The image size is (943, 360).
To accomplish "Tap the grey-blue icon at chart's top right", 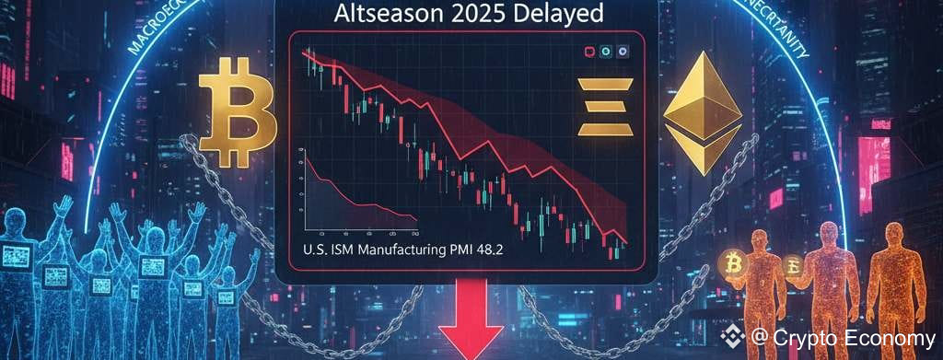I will [x=623, y=53].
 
